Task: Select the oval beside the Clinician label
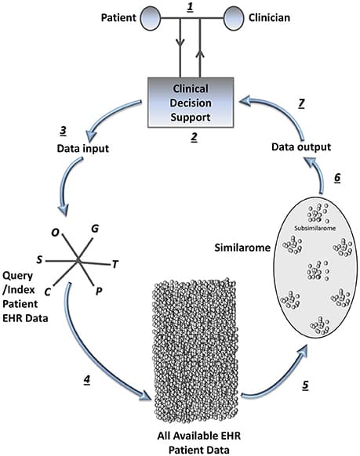pyautogui.click(x=235, y=16)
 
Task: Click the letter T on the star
pyautogui.click(x=115, y=263)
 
